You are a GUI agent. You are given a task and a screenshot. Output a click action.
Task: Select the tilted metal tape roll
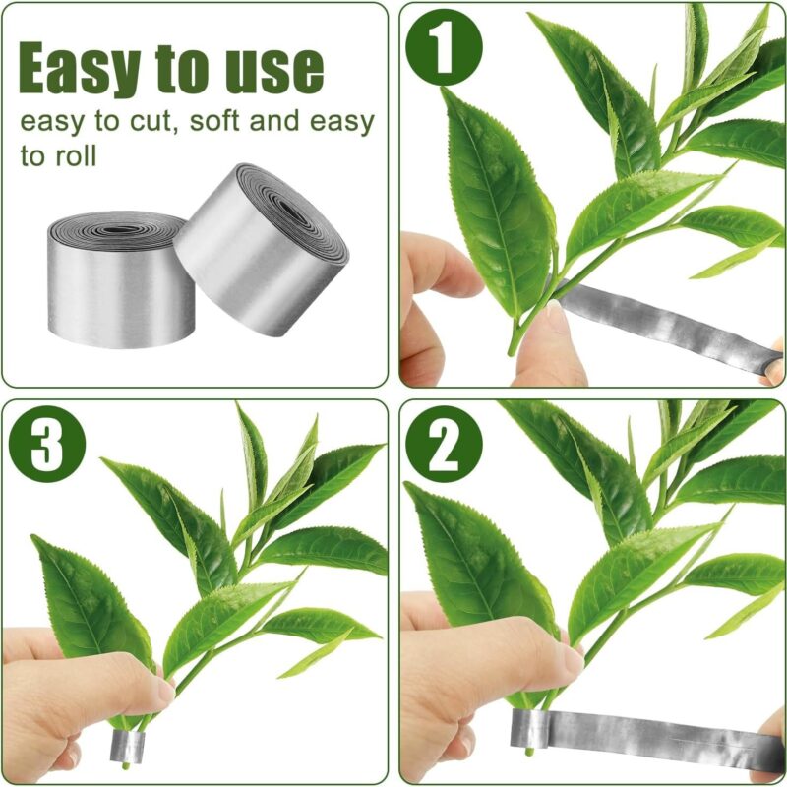261,251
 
